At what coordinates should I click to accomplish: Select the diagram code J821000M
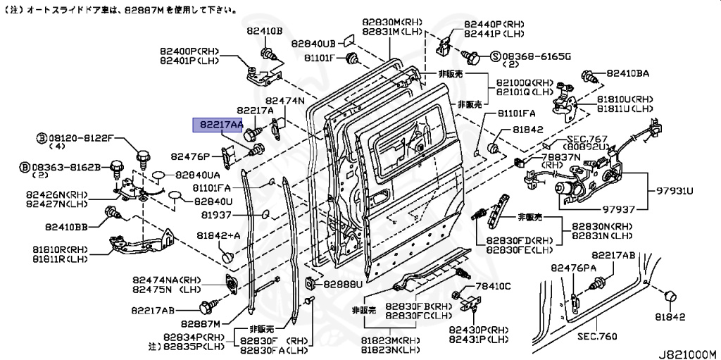686,353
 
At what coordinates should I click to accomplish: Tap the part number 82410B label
264,32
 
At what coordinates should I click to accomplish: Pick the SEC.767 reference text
589,139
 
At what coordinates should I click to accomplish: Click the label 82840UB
314,42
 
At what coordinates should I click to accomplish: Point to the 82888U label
343,285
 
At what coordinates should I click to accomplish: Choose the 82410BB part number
66,227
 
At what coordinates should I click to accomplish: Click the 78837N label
561,156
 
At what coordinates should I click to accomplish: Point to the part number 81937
216,214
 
